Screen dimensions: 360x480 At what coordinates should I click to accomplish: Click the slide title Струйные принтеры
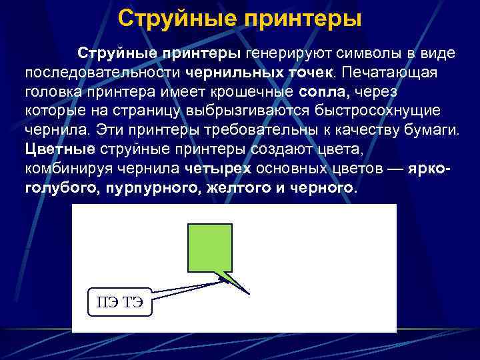240,18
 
